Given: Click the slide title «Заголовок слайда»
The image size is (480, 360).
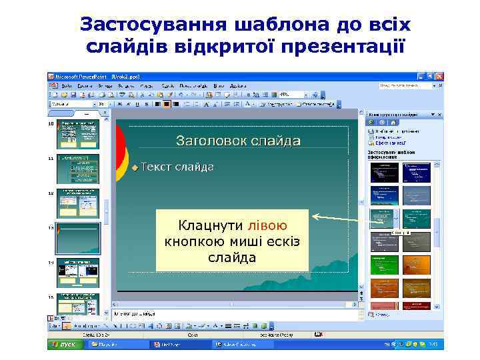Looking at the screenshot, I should (238, 141).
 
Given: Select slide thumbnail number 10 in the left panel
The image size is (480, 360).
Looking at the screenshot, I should (78, 134).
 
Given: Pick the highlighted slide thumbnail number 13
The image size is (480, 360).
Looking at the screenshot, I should (78, 237).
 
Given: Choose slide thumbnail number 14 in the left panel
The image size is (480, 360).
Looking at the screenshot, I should (78, 272).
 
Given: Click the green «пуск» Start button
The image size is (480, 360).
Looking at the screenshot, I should (65, 345).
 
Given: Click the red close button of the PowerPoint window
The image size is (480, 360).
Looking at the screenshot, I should (438, 77).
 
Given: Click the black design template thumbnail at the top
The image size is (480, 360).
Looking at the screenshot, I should (383, 172).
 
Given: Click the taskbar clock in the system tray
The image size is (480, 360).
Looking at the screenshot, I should (431, 345).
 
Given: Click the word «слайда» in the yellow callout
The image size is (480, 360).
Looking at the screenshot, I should (231, 257).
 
